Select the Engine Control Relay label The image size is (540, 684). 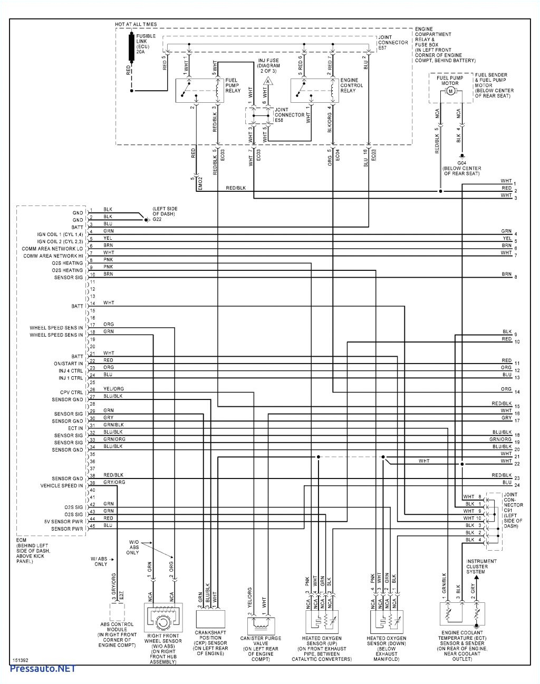pyautogui.click(x=352, y=85)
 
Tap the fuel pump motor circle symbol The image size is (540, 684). pyautogui.click(x=450, y=91)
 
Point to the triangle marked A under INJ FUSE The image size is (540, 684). pyautogui.click(x=268, y=82)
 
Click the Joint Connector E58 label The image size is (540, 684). pyautogui.click(x=289, y=115)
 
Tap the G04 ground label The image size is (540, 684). pyautogui.click(x=461, y=168)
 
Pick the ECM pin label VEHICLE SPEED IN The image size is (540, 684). pyautogui.click(x=62, y=486)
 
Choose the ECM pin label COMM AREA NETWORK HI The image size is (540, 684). pyautogui.click(x=53, y=256)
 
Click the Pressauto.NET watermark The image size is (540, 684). pyautogui.click(x=43, y=669)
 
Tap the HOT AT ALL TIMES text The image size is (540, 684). pyautogui.click(x=136, y=24)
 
